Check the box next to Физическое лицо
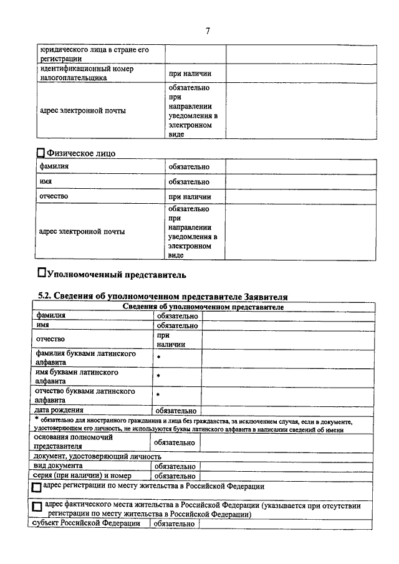[42, 152]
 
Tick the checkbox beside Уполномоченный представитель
[42, 272]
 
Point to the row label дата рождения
[60, 410]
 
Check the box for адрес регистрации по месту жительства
[37, 488]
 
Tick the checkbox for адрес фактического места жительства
[37, 507]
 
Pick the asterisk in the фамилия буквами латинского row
[159, 358]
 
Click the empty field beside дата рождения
[287, 411]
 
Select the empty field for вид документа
[286, 466]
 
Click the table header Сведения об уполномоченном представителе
[203, 307]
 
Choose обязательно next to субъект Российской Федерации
[174, 524]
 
